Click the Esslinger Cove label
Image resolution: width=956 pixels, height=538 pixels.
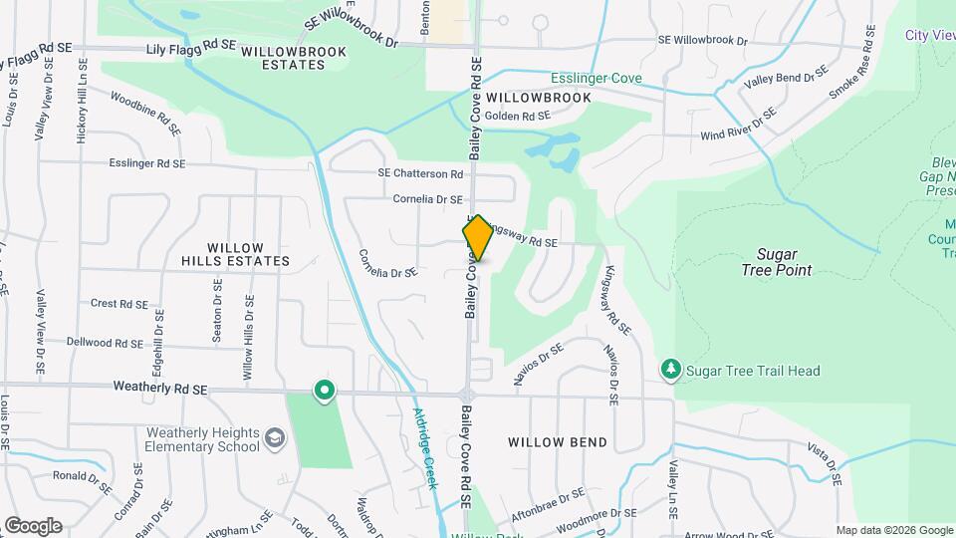tap(597, 78)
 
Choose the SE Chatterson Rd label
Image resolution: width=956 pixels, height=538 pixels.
tap(420, 173)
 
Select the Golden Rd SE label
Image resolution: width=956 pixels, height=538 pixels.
tap(518, 117)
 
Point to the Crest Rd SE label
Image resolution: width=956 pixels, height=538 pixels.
tap(119, 304)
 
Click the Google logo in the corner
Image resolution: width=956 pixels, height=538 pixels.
tap(32, 526)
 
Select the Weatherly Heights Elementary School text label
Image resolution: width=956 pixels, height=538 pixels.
tap(203, 439)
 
